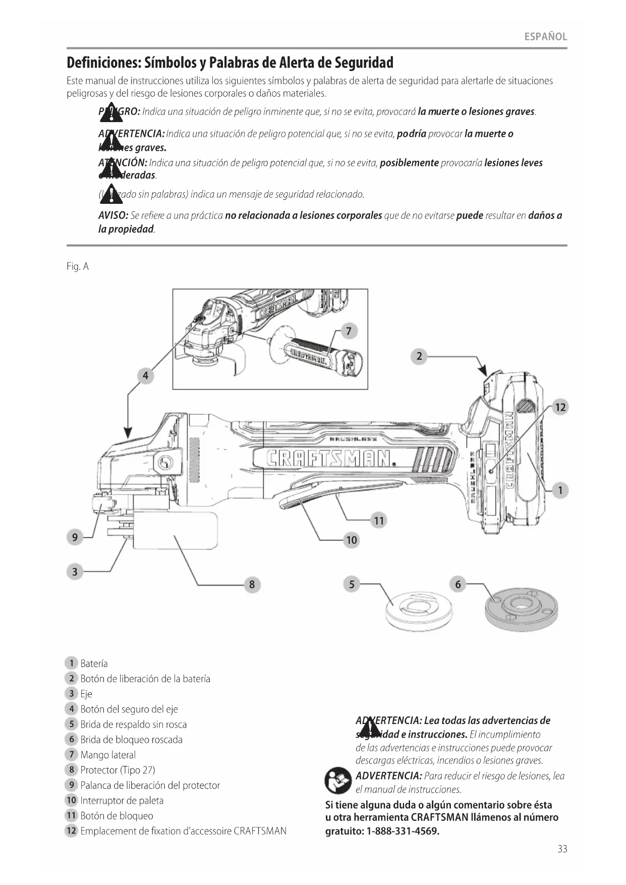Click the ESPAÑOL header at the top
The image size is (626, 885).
pyautogui.click(x=545, y=37)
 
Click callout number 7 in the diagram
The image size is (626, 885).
pyautogui.click(x=349, y=331)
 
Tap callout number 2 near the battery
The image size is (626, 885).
pyautogui.click(x=419, y=357)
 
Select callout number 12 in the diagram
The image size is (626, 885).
pyautogui.click(x=560, y=407)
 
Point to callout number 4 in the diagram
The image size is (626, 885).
pyautogui.click(x=145, y=376)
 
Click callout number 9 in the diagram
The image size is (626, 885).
pyautogui.click(x=75, y=537)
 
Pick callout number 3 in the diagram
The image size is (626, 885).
pyautogui.click(x=75, y=572)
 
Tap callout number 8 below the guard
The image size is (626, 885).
pyautogui.click(x=252, y=585)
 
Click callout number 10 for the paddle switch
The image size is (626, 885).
pyautogui.click(x=351, y=540)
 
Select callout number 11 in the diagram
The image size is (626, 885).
pyautogui.click(x=378, y=521)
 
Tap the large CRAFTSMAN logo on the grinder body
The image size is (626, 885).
pyautogui.click(x=330, y=458)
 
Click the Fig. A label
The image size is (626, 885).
pyautogui.click(x=78, y=267)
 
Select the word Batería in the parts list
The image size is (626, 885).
pyautogui.click(x=94, y=663)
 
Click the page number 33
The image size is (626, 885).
pyautogui.click(x=562, y=849)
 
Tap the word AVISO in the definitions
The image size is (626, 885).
pyautogui.click(x=112, y=216)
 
